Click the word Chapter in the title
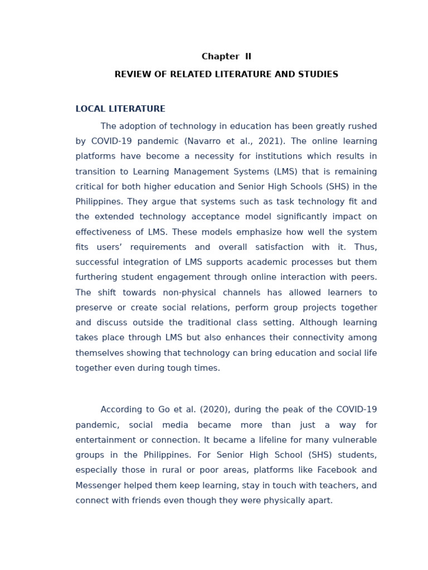(220, 57)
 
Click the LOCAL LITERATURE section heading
(120, 109)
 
